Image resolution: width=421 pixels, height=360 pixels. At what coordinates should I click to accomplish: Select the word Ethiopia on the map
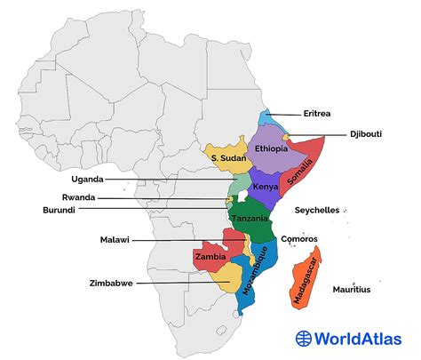tap(271, 148)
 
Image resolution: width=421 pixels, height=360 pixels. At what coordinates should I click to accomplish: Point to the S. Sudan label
tap(228, 157)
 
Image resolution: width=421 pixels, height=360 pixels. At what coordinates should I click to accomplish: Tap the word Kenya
tap(266, 187)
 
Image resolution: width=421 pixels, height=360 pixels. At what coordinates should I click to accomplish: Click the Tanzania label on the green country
tap(251, 219)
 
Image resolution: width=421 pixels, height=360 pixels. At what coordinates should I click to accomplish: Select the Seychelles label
tap(317, 210)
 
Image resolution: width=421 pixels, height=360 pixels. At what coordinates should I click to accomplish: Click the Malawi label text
tap(115, 240)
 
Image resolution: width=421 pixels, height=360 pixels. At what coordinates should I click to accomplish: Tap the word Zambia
tap(210, 255)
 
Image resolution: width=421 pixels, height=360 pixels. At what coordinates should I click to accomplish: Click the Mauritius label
tap(352, 290)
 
